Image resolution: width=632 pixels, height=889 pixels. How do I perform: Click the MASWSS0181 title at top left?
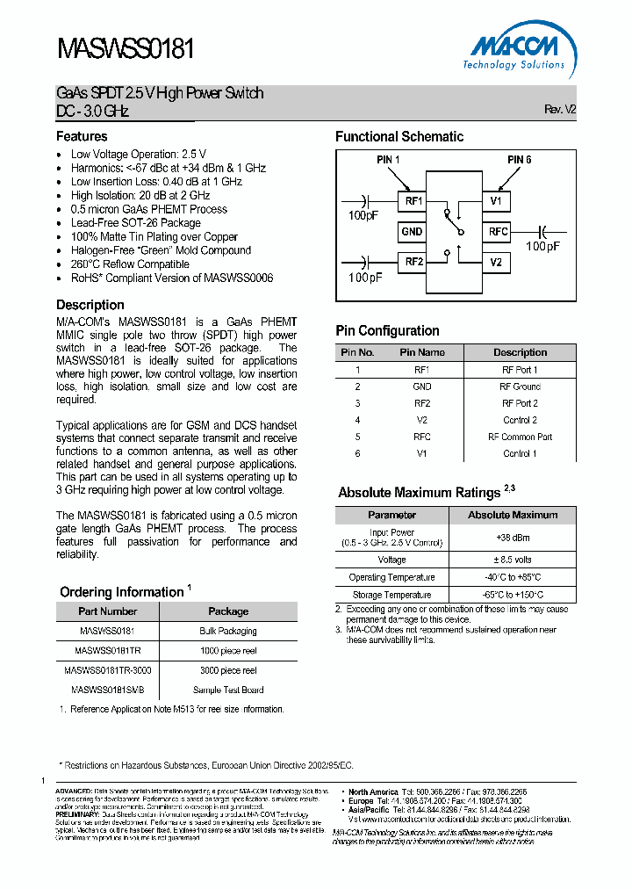coord(126,48)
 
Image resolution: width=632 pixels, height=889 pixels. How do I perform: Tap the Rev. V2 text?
coord(560,110)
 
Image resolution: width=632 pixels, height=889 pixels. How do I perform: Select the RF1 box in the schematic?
coord(412,202)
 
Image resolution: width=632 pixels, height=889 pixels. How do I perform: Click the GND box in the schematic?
coord(412,232)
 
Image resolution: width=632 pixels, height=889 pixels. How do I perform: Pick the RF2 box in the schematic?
coord(412,262)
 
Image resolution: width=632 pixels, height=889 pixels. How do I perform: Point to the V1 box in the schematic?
coord(496,202)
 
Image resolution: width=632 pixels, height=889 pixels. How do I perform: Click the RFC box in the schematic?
coord(498,232)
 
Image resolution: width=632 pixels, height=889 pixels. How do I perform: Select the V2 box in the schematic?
coord(496,262)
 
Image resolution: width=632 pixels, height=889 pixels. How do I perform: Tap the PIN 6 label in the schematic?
coord(520,160)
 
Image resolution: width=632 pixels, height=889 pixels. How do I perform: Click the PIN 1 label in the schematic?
coord(388,160)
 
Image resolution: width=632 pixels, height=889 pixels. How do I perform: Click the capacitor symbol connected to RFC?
coord(542,231)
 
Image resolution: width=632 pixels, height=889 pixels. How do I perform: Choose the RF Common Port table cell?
coord(520,437)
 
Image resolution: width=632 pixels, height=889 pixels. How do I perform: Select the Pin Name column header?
coord(422,352)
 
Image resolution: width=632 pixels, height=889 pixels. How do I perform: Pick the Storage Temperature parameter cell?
coord(391,595)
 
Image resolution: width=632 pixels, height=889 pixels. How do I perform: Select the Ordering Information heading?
coord(121,592)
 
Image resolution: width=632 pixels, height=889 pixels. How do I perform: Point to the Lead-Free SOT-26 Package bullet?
coord(136,223)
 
